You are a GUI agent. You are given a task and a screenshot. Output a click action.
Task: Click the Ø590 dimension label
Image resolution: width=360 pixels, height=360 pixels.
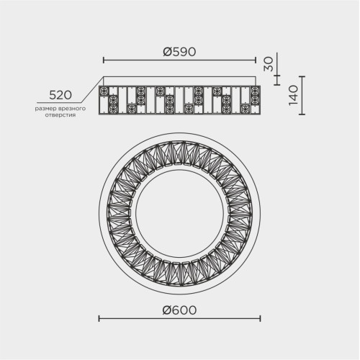(x=179, y=52)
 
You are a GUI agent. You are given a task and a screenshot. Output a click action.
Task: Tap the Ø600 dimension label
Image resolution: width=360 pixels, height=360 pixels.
(x=179, y=310)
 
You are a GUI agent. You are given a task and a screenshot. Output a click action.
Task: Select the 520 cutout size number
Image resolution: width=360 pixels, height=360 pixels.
(x=60, y=95)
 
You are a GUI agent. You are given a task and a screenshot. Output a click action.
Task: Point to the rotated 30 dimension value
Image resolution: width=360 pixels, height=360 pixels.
(x=269, y=64)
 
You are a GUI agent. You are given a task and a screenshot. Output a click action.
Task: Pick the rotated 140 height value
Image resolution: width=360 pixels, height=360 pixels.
(x=293, y=95)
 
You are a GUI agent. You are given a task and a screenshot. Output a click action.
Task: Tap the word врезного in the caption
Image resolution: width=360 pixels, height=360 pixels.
(x=72, y=109)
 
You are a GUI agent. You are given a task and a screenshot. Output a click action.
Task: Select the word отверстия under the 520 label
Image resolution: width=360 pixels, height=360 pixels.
(x=60, y=115)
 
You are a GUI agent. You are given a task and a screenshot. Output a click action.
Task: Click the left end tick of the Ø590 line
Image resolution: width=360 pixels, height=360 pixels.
(x=104, y=60)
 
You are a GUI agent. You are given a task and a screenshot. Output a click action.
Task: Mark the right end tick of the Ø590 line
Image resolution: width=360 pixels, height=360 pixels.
(x=256, y=60)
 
